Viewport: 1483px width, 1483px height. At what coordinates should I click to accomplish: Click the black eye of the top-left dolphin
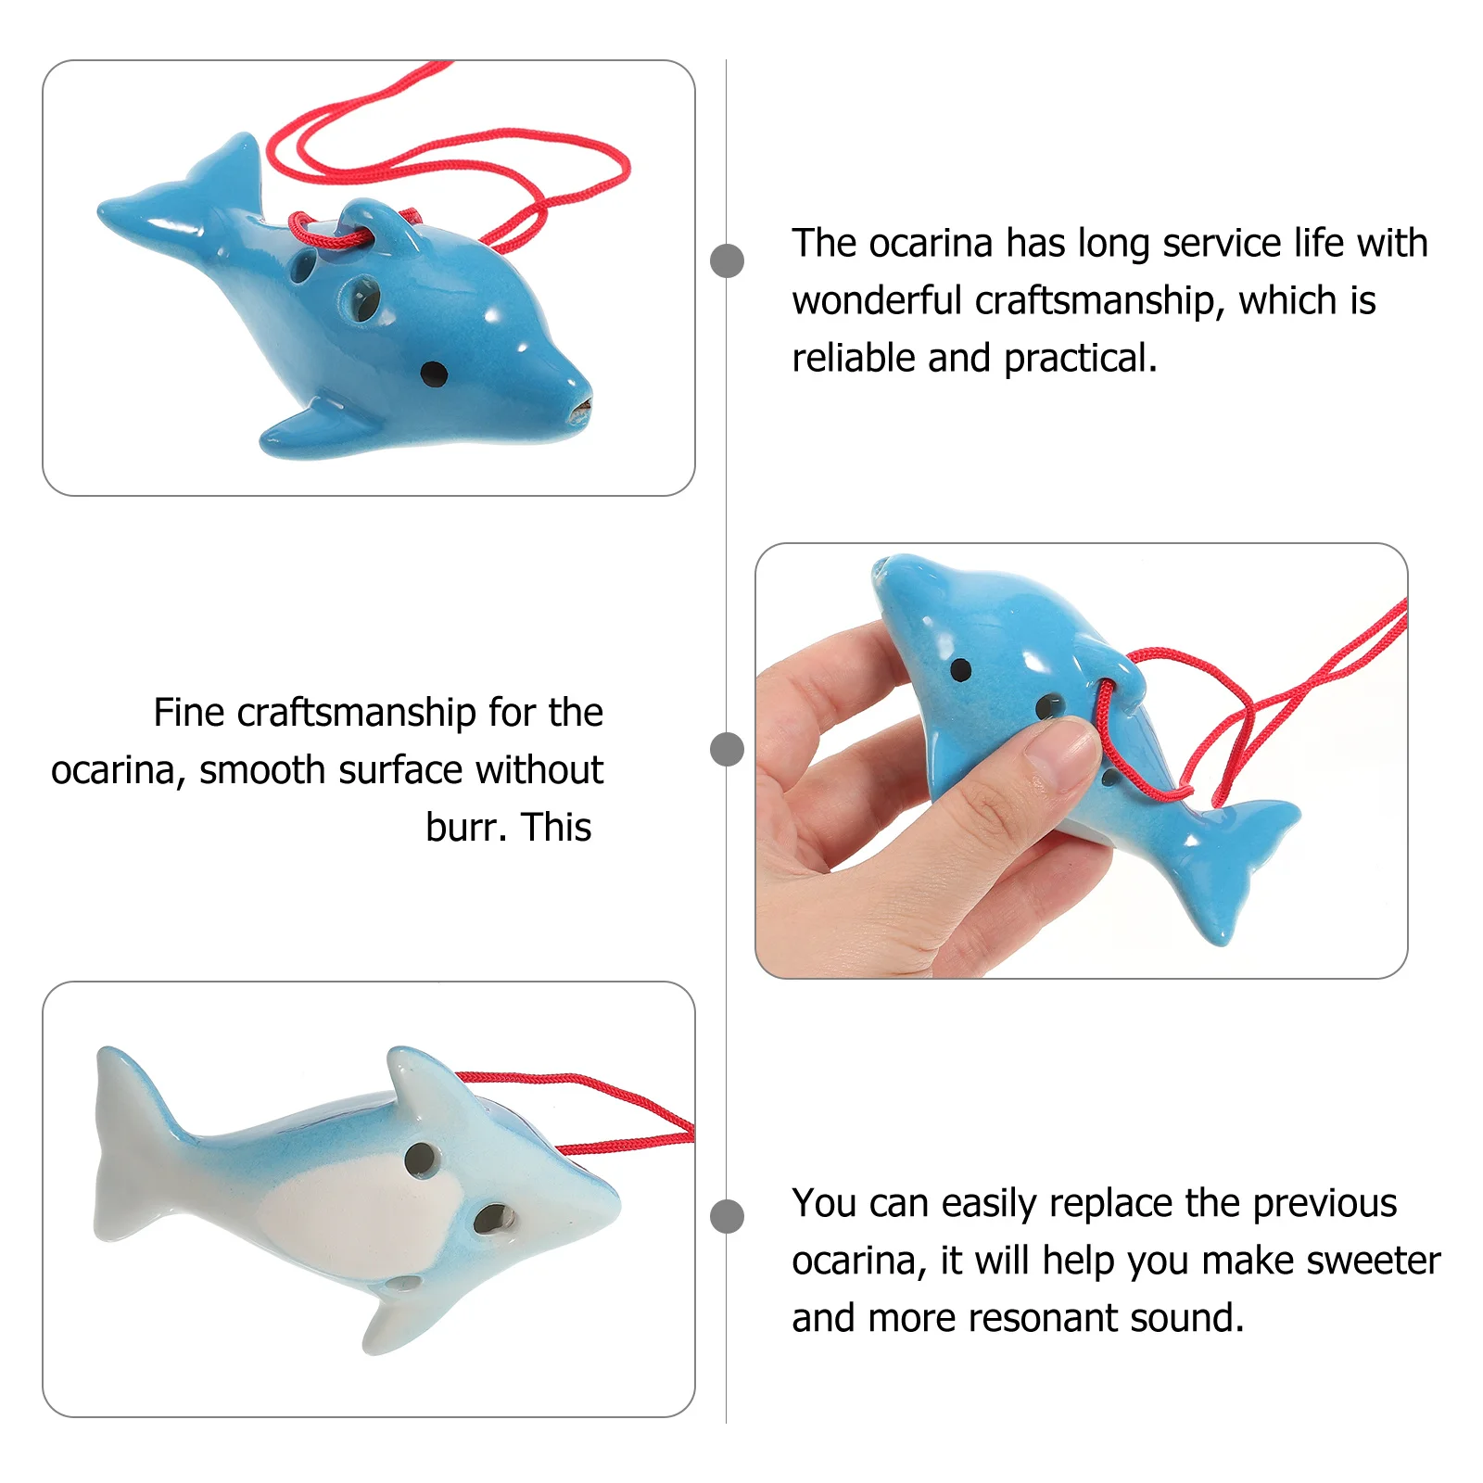coord(433,374)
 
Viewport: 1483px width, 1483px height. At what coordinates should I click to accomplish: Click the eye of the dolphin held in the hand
coord(961,669)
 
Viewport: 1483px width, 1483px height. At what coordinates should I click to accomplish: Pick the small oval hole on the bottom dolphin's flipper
coord(404,1284)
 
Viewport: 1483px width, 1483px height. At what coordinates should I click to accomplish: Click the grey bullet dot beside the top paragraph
coord(727,260)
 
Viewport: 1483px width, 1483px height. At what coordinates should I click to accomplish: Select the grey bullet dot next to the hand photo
coord(727,749)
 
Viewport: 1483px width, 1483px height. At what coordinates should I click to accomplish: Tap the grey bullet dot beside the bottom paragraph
coord(727,1216)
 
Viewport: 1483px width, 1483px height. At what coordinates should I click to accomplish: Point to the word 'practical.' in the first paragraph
coord(1080,359)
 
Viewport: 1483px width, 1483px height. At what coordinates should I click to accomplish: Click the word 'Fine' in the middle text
coord(189,713)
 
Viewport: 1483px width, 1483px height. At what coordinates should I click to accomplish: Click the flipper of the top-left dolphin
coord(315,426)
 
